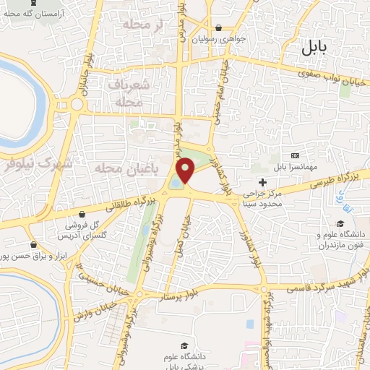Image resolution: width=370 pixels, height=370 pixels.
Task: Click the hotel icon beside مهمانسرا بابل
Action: point(294,155)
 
